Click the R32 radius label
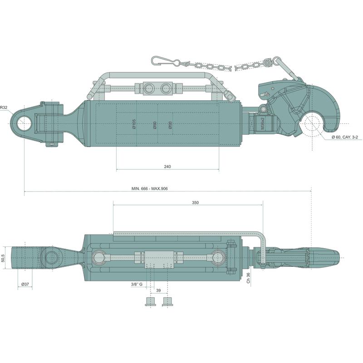pos(4,108)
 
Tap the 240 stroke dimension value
pos(167,167)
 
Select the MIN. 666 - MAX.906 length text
pos(150,189)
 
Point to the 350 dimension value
pos(195,202)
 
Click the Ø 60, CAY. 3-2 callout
pos(345,137)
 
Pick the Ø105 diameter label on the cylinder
pos(134,124)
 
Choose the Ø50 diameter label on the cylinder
pos(170,125)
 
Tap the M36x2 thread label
pos(262,123)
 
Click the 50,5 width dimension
pos(3,258)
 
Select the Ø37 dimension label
pos(25,284)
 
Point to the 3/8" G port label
pos(137,284)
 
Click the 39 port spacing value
pos(158,290)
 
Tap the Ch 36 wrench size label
pos(248,278)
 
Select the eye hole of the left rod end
pos(24,123)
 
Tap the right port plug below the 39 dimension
pos(167,301)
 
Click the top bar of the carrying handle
pos(157,75)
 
